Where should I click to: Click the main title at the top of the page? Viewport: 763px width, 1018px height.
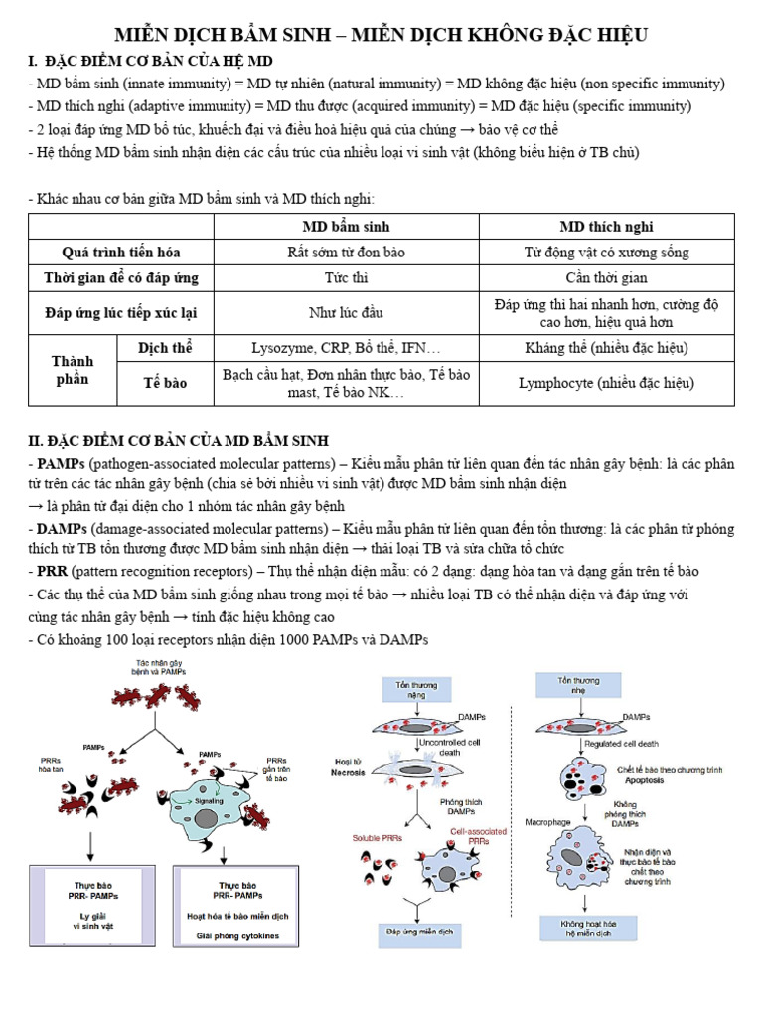pos(381,35)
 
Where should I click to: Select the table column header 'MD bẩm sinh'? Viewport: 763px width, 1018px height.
pos(347,227)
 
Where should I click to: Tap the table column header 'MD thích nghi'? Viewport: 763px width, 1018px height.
pos(606,227)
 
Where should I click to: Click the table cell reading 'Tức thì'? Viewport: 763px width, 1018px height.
pos(347,277)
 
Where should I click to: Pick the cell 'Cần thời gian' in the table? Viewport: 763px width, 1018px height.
pos(606,277)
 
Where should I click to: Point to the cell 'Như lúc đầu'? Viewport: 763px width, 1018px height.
pos(347,312)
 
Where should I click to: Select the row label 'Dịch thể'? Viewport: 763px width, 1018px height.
pos(166,348)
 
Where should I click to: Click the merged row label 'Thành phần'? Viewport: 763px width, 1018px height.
pos(73,370)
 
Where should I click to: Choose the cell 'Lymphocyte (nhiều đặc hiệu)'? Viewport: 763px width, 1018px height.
pos(606,383)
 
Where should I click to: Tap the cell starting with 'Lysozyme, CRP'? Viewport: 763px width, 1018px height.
pos(347,348)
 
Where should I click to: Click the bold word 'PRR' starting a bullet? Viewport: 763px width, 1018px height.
pos(52,572)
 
